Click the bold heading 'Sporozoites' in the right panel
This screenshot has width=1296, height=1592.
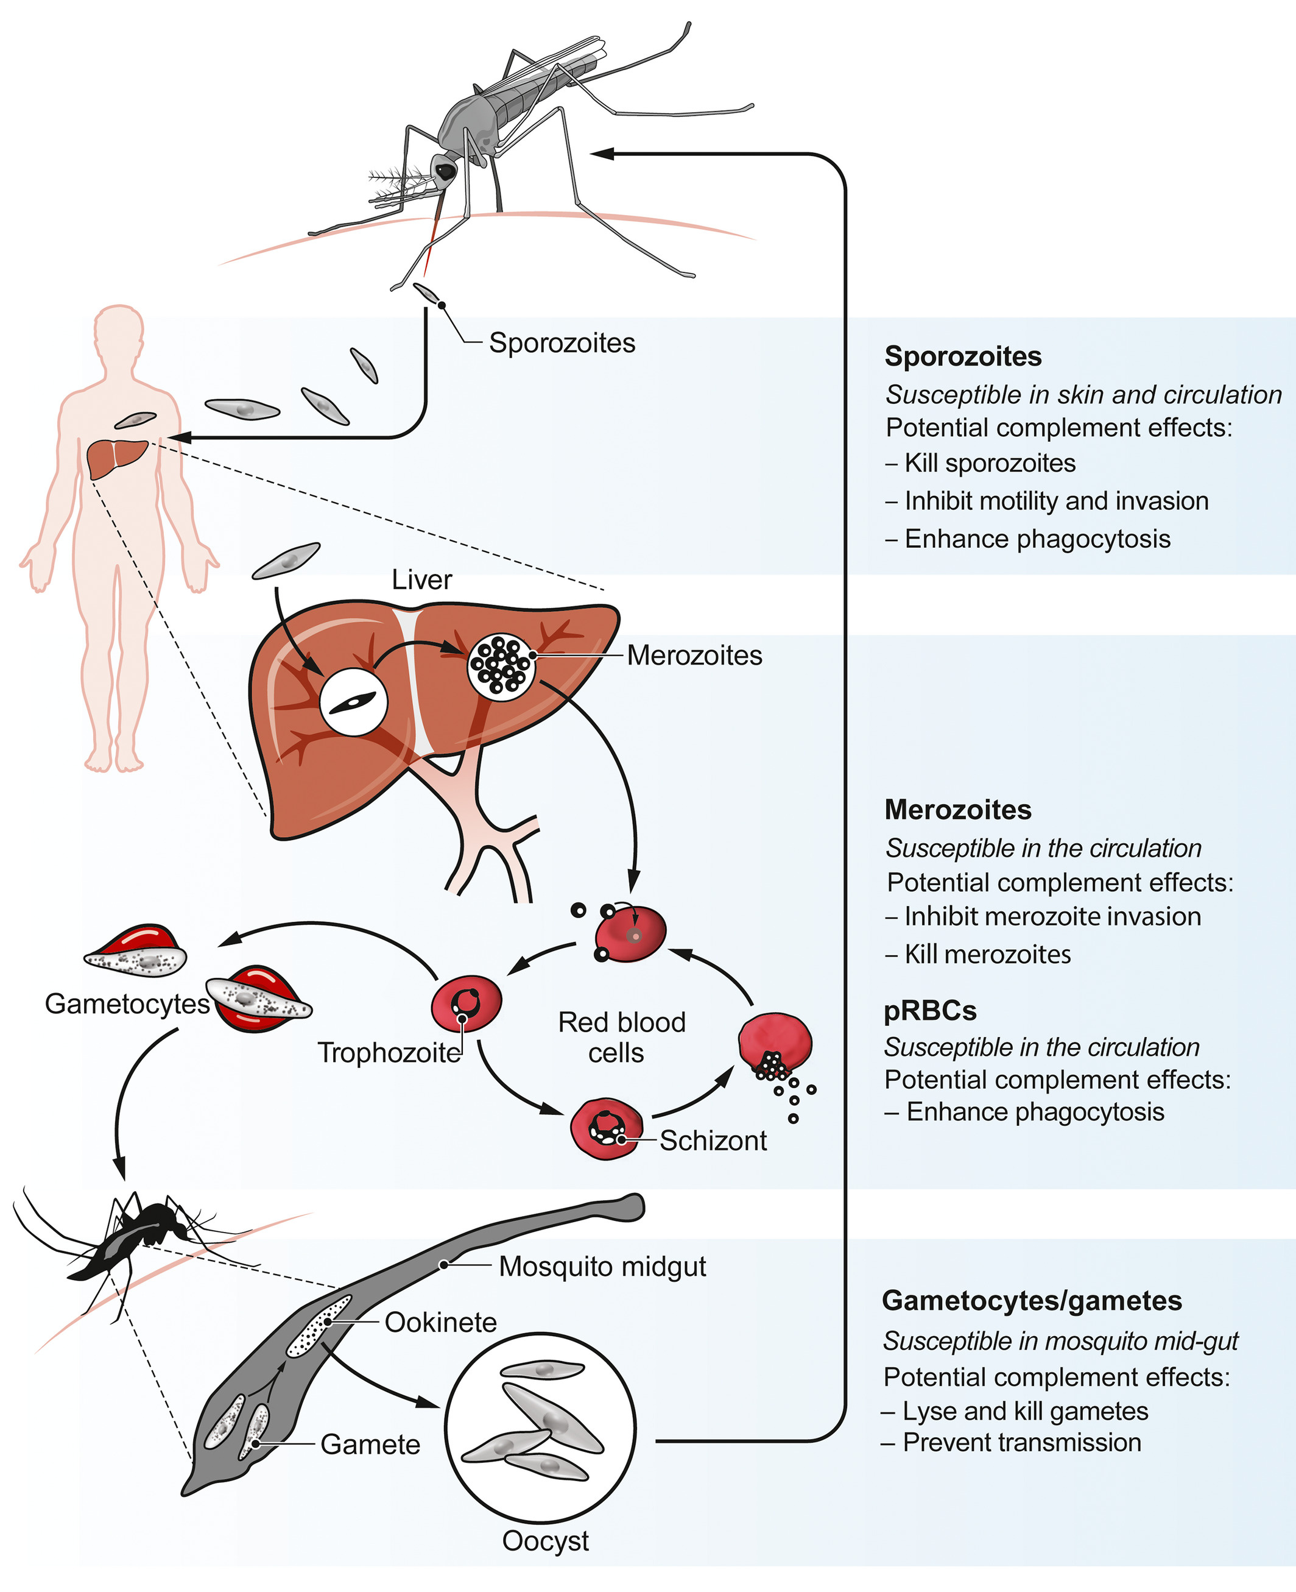tap(962, 356)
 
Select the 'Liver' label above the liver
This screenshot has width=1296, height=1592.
tap(422, 580)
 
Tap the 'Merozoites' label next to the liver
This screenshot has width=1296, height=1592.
tap(694, 656)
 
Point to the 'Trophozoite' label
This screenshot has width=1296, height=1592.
tap(389, 1053)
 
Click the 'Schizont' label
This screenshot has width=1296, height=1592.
tap(713, 1141)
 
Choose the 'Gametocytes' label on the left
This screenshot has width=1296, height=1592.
tap(127, 1003)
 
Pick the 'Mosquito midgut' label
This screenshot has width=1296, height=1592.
tap(602, 1267)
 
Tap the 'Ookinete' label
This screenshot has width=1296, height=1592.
tap(440, 1323)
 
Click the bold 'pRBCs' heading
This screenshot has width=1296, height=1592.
tap(930, 1011)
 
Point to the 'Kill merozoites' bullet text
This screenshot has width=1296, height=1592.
tap(987, 954)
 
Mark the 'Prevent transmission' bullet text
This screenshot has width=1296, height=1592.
tap(1021, 1443)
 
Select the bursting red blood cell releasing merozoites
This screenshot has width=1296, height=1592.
tap(775, 1045)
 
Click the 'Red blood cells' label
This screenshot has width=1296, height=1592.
tap(621, 1037)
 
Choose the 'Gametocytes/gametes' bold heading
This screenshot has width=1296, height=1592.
tap(1032, 1301)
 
